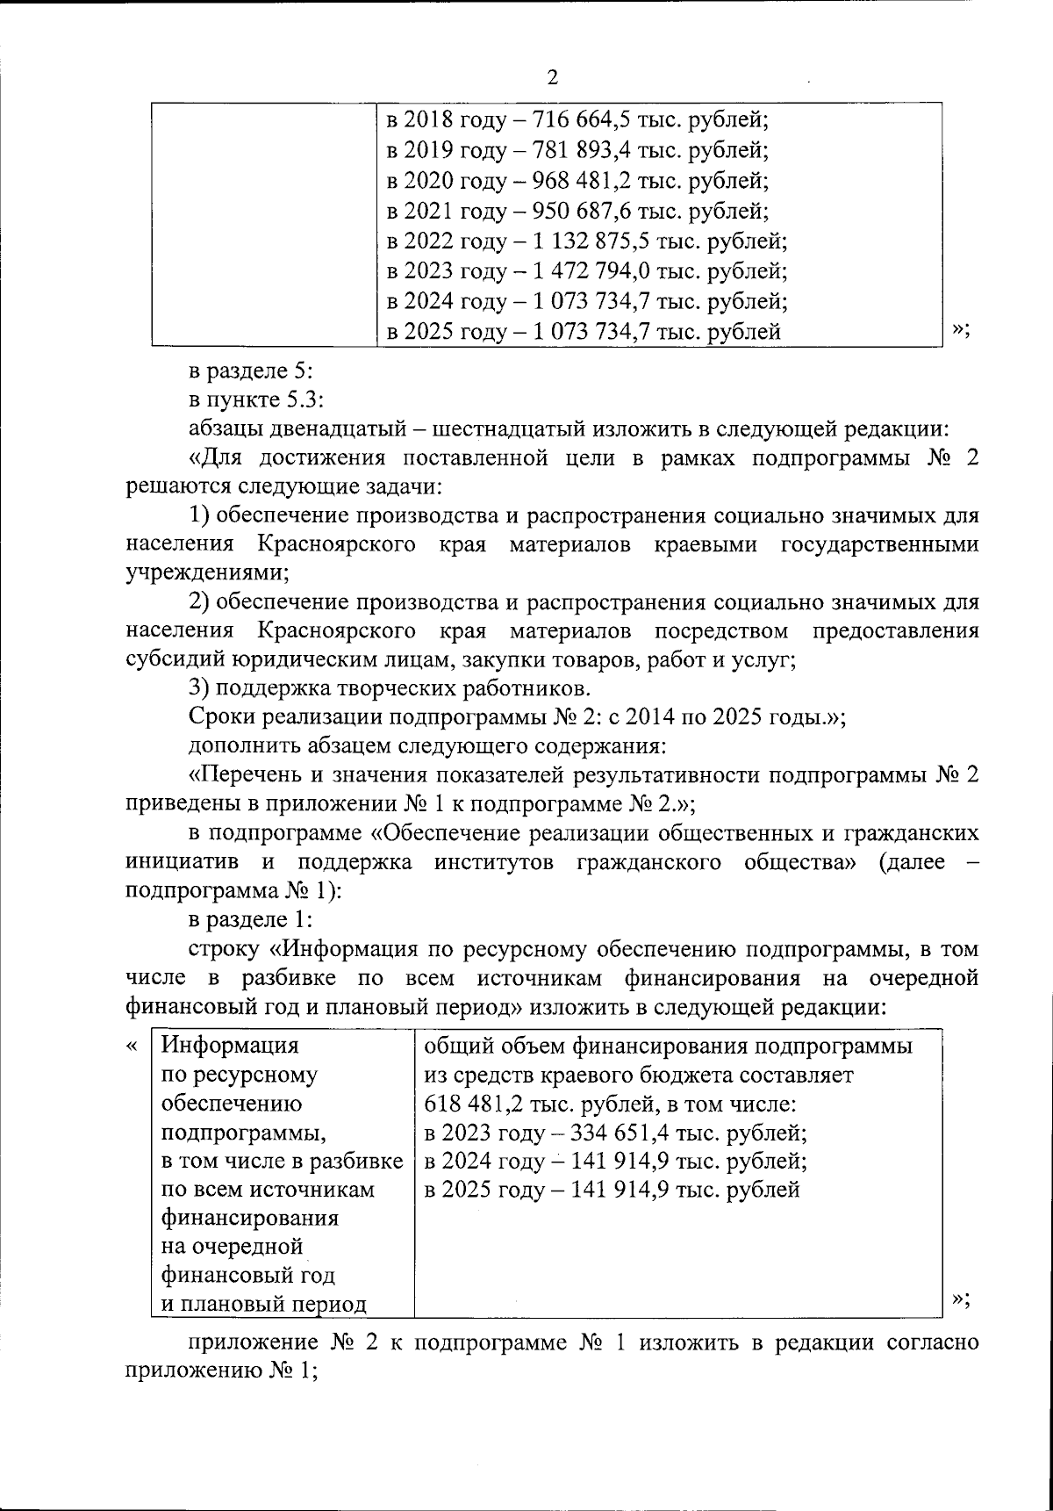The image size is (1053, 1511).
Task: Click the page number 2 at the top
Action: pyautogui.click(x=552, y=77)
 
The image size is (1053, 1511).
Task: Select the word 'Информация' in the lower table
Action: pyautogui.click(x=231, y=1046)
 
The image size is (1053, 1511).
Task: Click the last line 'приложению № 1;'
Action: pyautogui.click(x=221, y=1372)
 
